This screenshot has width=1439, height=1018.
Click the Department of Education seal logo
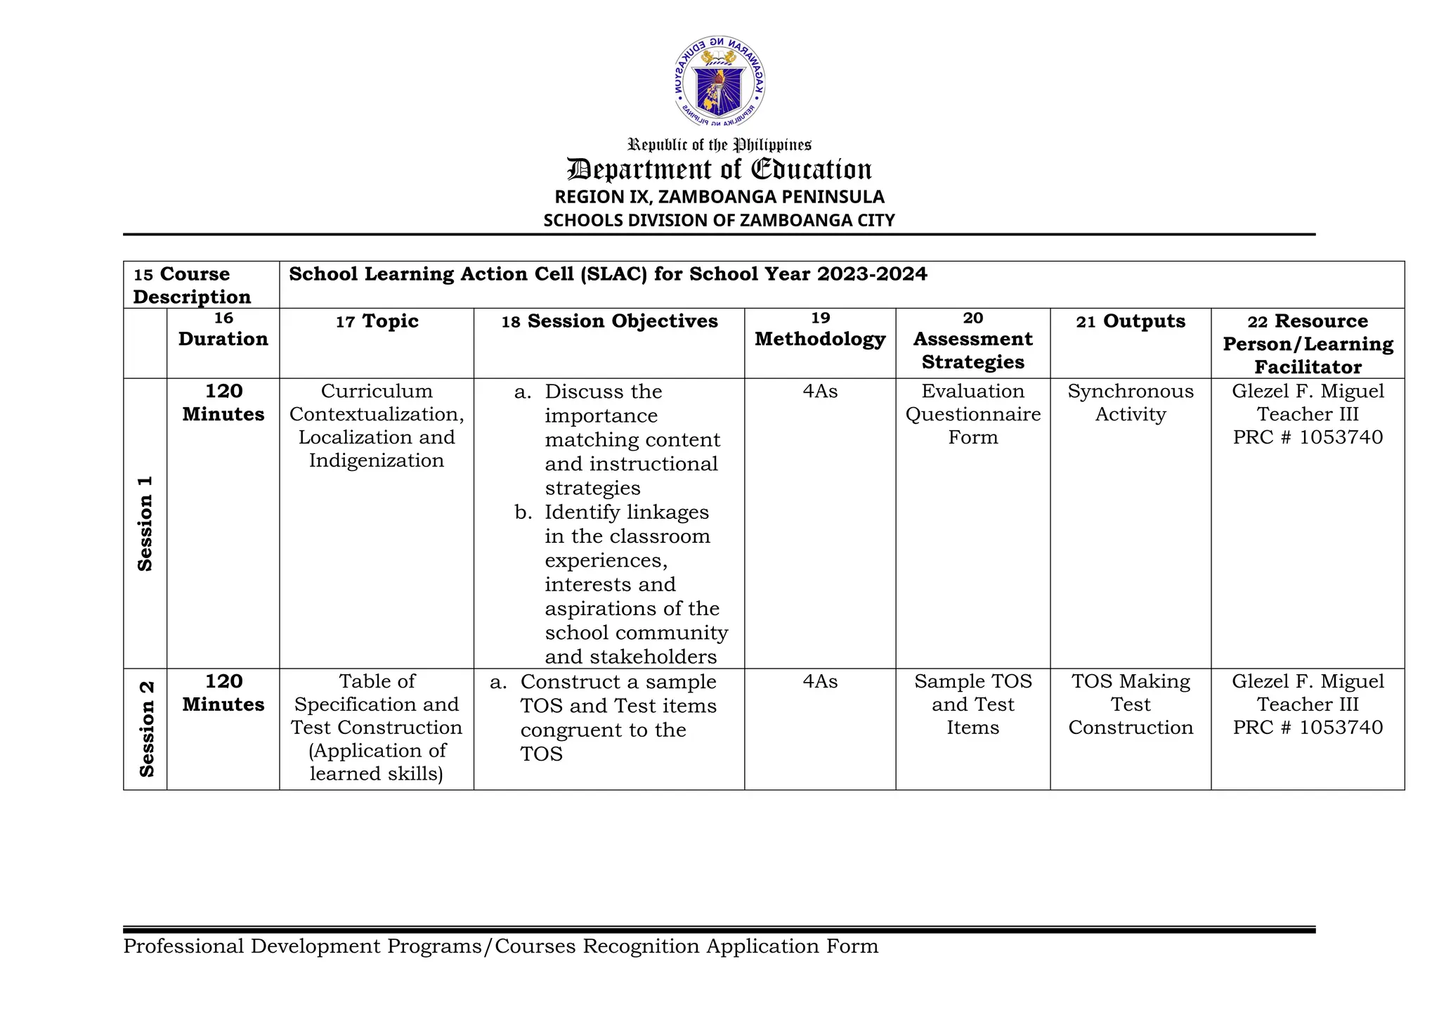pyautogui.click(x=719, y=82)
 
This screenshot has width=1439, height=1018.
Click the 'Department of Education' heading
pyautogui.click(x=719, y=169)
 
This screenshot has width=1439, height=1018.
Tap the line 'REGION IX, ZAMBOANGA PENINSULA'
pyautogui.click(x=719, y=197)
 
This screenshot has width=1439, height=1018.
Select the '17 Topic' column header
pyautogui.click(x=377, y=321)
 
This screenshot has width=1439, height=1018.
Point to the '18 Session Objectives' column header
pyautogui.click(x=609, y=321)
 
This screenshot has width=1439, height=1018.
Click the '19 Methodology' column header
pyautogui.click(x=820, y=330)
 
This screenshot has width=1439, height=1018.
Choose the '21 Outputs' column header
pyautogui.click(x=1130, y=321)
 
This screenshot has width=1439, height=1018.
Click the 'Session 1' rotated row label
pyautogui.click(x=145, y=523)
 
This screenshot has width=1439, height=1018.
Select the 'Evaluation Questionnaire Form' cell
pyautogui.click(x=972, y=414)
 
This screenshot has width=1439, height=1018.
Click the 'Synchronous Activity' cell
pyautogui.click(x=1130, y=403)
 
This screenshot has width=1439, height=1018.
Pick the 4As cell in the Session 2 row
pyautogui.click(x=820, y=681)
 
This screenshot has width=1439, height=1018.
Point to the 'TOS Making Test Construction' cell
pyautogui.click(x=1130, y=704)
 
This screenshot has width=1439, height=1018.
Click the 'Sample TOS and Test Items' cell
pyautogui.click(x=972, y=704)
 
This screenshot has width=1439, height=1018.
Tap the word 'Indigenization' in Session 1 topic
pyautogui.click(x=377, y=460)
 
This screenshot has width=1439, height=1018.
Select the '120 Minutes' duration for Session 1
pyautogui.click(x=223, y=403)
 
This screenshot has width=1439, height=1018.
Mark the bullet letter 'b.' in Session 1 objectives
pyautogui.click(x=523, y=512)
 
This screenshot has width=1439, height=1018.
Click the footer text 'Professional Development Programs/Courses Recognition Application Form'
pyautogui.click(x=500, y=946)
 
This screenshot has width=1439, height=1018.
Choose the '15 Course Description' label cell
pyautogui.click(x=193, y=285)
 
